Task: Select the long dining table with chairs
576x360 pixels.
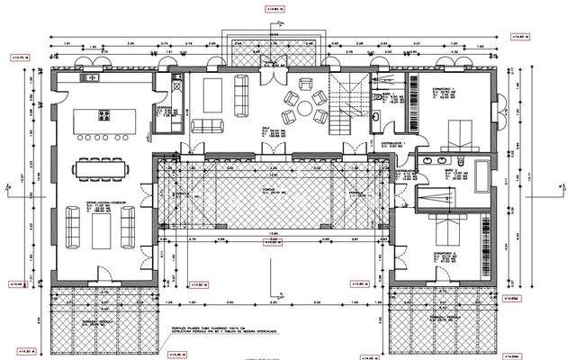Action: point(102,167)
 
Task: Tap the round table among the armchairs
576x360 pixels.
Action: point(305,108)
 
